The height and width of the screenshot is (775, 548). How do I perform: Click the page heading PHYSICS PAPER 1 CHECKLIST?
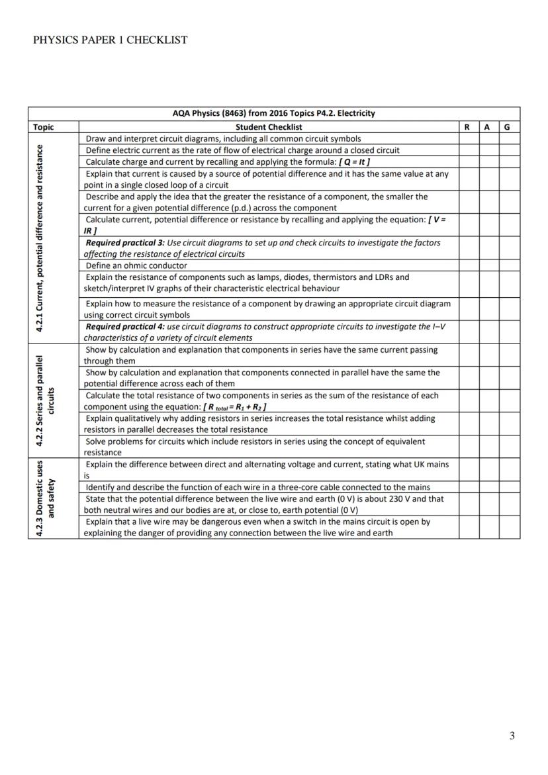click(x=110, y=40)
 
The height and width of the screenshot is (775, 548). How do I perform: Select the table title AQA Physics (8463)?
click(x=273, y=113)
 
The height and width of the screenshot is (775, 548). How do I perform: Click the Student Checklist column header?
click(x=269, y=126)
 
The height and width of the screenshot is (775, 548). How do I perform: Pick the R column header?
click(x=469, y=126)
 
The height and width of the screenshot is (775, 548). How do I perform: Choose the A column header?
click(x=488, y=126)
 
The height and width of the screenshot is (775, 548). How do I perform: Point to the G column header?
click(x=509, y=126)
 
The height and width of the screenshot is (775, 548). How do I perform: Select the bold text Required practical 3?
click(x=125, y=243)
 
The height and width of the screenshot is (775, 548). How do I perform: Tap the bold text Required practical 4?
click(x=125, y=326)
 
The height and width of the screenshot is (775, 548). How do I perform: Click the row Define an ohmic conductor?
click(x=136, y=265)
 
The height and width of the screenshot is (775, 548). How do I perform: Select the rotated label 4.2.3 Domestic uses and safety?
click(x=46, y=498)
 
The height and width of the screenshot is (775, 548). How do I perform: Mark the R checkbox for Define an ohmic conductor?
click(x=469, y=265)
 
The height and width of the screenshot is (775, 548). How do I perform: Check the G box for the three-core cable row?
click(x=509, y=487)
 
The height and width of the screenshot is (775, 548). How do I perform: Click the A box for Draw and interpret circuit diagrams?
click(x=488, y=138)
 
